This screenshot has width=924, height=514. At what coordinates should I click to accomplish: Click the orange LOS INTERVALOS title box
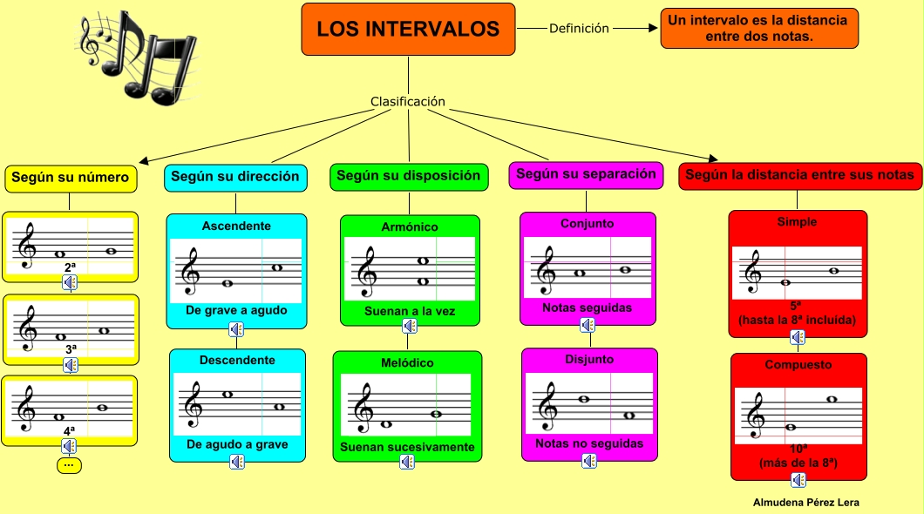click(408, 30)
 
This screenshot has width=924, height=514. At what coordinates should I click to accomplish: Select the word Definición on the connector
click(579, 28)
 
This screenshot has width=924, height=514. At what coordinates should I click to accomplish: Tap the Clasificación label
click(408, 101)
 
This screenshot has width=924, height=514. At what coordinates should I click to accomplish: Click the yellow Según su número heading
click(71, 179)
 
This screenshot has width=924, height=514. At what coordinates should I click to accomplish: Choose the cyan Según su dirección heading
click(235, 177)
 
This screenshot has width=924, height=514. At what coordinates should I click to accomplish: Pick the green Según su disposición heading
click(408, 177)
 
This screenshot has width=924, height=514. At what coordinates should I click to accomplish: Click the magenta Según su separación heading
click(586, 175)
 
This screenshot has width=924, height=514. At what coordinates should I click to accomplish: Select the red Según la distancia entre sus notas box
click(799, 176)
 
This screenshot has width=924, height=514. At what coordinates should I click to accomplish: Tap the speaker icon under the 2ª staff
click(70, 283)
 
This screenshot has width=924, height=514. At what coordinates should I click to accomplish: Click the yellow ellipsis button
click(69, 465)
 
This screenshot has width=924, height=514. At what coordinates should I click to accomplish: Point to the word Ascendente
click(236, 227)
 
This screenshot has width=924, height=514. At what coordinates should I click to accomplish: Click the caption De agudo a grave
click(237, 444)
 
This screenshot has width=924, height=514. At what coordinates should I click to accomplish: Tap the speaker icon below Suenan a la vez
click(410, 326)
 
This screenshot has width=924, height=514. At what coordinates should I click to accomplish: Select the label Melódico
click(407, 363)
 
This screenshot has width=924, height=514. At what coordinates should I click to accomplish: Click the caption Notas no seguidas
click(589, 443)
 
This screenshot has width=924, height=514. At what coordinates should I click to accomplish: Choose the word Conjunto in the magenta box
click(587, 224)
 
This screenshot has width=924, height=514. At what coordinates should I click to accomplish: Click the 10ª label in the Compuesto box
click(798, 449)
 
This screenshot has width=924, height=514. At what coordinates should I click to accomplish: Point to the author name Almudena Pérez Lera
click(806, 502)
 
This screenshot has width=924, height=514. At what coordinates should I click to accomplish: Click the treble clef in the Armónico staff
click(366, 272)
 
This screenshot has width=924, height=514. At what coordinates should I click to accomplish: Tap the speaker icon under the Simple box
click(798, 337)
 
